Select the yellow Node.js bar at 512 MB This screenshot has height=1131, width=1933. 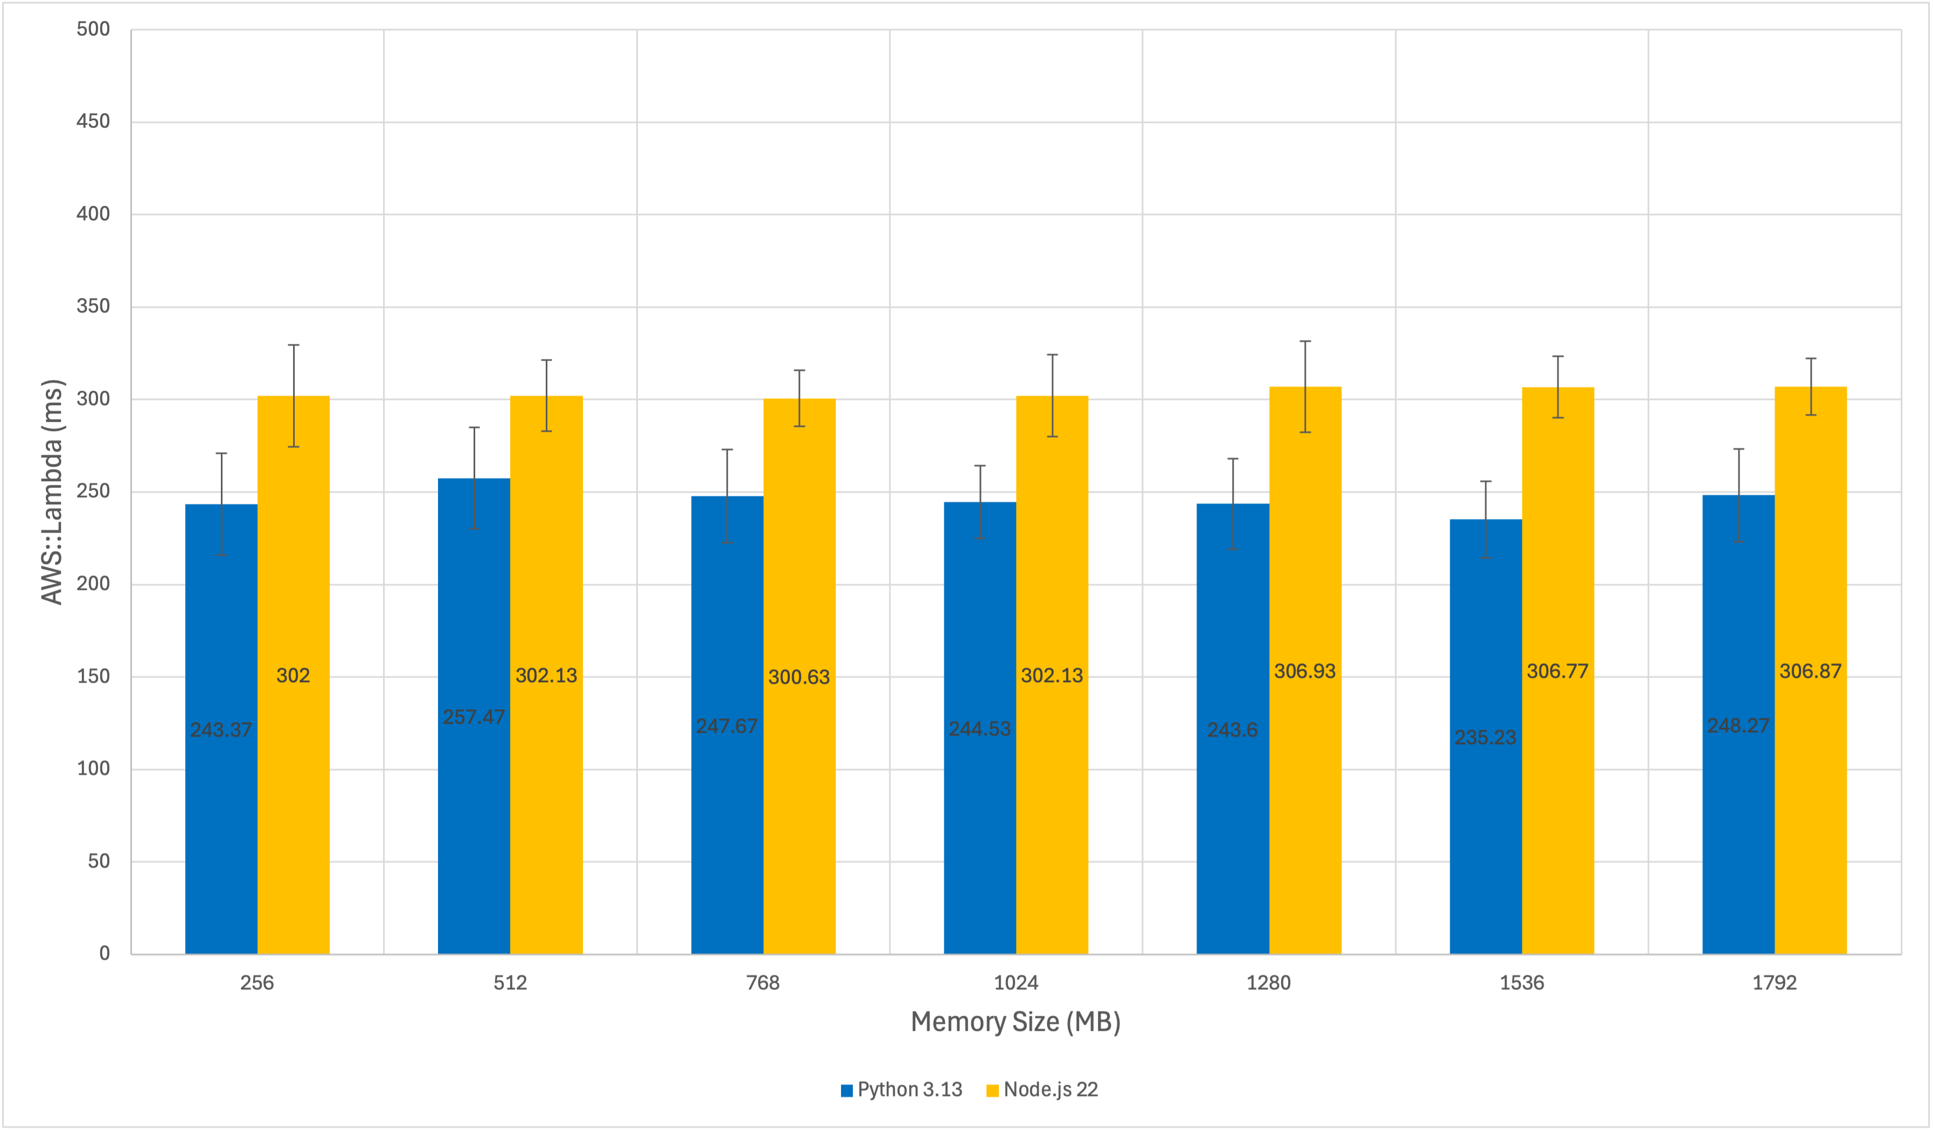point(546,806)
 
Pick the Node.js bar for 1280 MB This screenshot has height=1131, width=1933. point(1305,806)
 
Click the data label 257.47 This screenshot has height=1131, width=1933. point(474,717)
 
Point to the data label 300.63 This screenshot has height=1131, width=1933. point(799,677)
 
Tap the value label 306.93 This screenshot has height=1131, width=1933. point(1305,671)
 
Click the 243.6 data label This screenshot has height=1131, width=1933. point(1232,730)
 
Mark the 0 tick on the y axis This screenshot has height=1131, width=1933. point(105,954)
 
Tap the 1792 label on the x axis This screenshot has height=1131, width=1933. point(1774,983)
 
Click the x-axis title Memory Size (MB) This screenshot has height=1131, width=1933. point(1016,1022)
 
